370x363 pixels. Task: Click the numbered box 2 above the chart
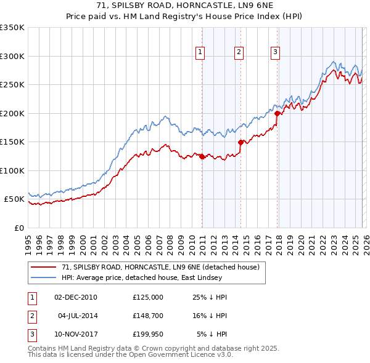coord(238,53)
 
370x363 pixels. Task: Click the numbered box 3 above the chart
coord(275,53)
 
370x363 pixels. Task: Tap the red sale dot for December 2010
coord(202,156)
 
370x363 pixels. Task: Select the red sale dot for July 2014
coord(240,142)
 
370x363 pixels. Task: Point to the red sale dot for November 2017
coord(277,113)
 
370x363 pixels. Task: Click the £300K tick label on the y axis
coord(12,56)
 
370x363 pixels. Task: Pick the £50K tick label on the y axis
coord(14,199)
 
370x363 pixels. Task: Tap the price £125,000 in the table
coord(147,297)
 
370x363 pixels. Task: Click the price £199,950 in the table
coord(147,335)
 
